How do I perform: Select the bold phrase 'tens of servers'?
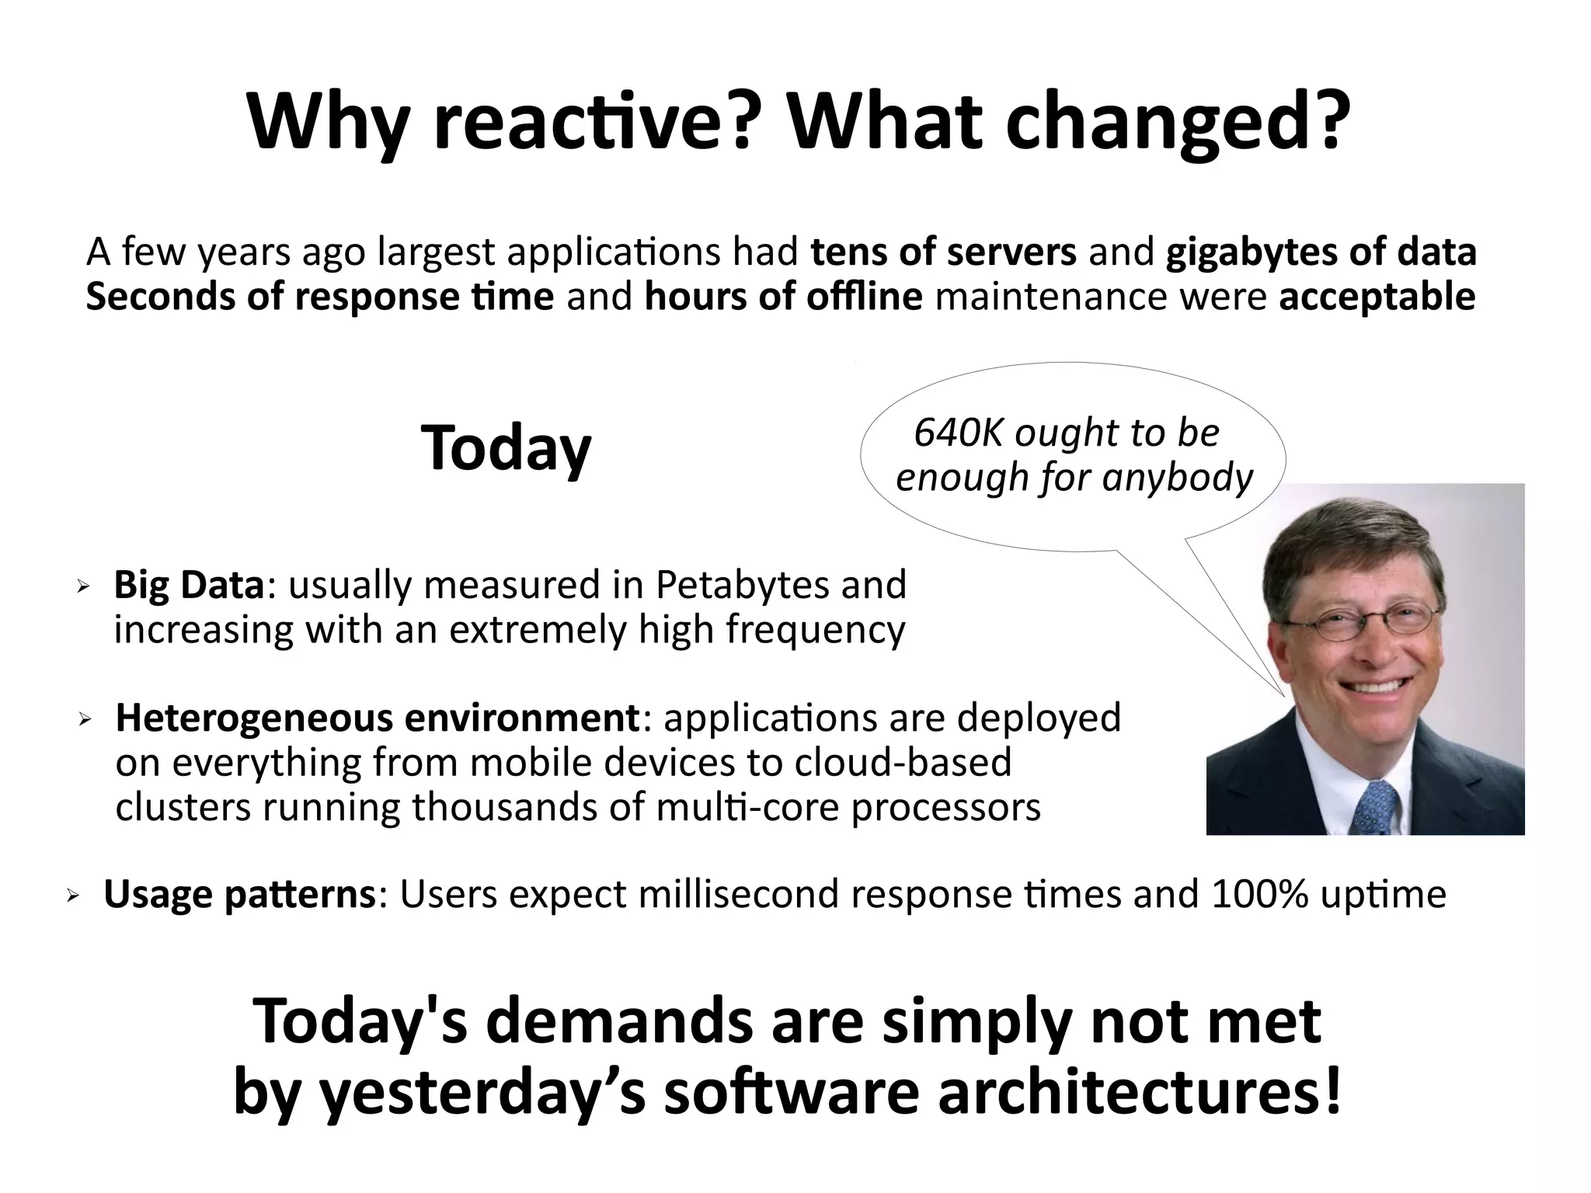[x=943, y=252]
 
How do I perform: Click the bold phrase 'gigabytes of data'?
[x=1321, y=252]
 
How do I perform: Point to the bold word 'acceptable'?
[x=1377, y=297]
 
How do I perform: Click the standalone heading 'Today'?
[x=506, y=448]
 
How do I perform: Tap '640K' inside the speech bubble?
[x=959, y=433]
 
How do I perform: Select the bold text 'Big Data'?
[x=189, y=585]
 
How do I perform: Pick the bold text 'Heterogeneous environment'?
[x=377, y=718]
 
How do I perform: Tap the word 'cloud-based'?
[x=903, y=763]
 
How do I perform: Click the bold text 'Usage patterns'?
[x=239, y=895]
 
